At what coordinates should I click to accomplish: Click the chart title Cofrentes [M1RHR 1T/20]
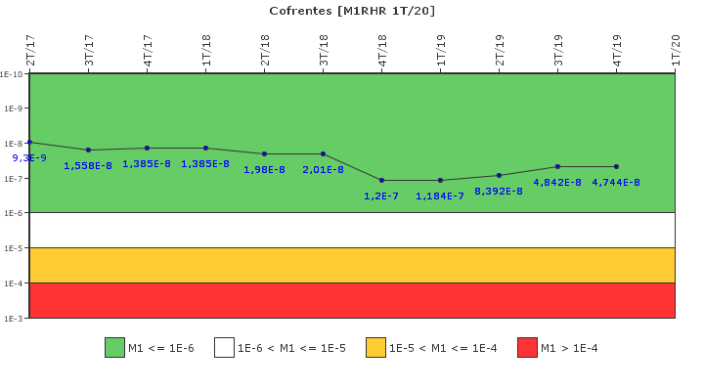pyautogui.click(x=352, y=11)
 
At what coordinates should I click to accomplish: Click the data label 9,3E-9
pyautogui.click(x=29, y=158)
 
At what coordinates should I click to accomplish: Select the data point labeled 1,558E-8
pyautogui.click(x=88, y=150)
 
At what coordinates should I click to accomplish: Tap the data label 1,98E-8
pyautogui.click(x=264, y=170)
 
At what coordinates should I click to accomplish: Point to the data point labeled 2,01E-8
pyautogui.click(x=323, y=153)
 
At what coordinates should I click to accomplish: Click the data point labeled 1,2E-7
pyautogui.click(x=381, y=180)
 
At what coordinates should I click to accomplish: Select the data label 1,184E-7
pyautogui.click(x=440, y=196)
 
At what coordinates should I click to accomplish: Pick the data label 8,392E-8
pyautogui.click(x=499, y=192)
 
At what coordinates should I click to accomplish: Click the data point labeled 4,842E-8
pyautogui.click(x=557, y=166)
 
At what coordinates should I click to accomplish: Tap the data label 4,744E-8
pyautogui.click(x=616, y=183)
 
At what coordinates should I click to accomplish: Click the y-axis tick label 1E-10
pyautogui.click(x=12, y=74)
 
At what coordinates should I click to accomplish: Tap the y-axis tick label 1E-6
pyautogui.click(x=13, y=213)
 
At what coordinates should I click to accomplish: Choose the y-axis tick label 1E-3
pyautogui.click(x=13, y=319)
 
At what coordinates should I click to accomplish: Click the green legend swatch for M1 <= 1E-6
pyautogui.click(x=114, y=348)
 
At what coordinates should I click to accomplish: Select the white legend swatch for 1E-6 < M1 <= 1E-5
pyautogui.click(x=224, y=348)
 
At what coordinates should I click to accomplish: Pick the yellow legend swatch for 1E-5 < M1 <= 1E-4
pyautogui.click(x=375, y=348)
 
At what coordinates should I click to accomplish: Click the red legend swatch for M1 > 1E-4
pyautogui.click(x=527, y=348)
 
